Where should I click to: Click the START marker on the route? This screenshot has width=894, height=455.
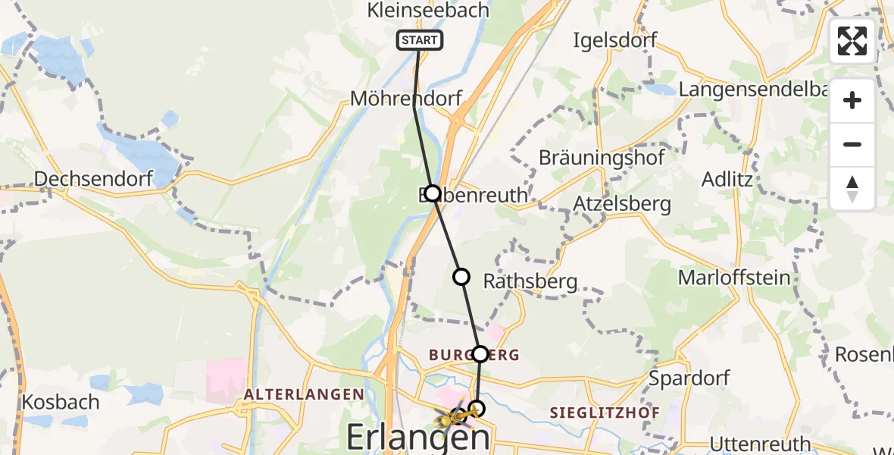click(x=419, y=40)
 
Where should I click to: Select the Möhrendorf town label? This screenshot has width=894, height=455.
click(x=405, y=99)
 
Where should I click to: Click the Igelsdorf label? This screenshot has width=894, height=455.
click(x=615, y=39)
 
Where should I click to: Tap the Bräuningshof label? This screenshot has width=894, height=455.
click(x=602, y=158)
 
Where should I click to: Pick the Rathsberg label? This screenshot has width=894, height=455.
click(x=530, y=282)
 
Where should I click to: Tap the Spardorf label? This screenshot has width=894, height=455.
click(x=690, y=378)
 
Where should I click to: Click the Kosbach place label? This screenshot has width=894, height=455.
click(x=61, y=401)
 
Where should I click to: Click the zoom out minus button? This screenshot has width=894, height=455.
click(x=852, y=144)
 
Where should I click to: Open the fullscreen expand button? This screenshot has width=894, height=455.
click(x=852, y=41)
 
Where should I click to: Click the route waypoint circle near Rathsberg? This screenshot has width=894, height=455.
click(x=461, y=277)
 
